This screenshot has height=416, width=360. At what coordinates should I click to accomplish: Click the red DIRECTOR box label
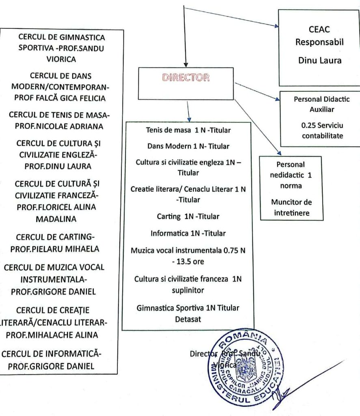tap(186, 78)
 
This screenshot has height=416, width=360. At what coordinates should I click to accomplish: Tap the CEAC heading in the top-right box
tap(319, 29)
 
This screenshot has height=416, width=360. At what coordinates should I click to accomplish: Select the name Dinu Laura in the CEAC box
tap(319, 61)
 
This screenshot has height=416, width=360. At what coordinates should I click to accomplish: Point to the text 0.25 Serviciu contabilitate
tap(320, 131)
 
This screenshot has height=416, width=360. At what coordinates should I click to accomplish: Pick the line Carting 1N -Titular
tap(188, 217)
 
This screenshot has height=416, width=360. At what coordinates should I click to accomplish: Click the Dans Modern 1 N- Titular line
tap(188, 145)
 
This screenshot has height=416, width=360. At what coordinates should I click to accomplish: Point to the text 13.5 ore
tap(188, 261)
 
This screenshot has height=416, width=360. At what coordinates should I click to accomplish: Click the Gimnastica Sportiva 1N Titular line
tap(188, 308)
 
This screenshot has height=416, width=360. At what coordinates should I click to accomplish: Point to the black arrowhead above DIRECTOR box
tap(186, 64)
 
